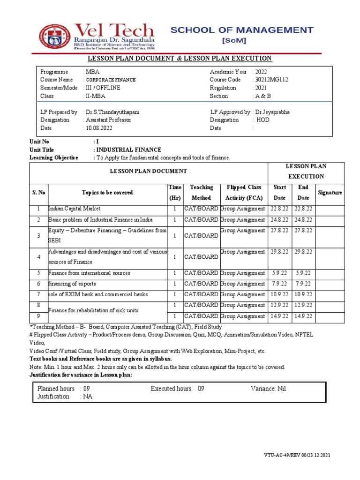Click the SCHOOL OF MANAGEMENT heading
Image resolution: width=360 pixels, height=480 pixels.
pyautogui.click(x=241, y=30)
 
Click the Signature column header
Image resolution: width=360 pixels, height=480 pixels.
pyautogui.click(x=330, y=193)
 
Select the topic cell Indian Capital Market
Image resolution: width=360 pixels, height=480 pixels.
pyautogui.click(x=75, y=209)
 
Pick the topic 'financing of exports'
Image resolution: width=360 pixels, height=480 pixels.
pyautogui.click(x=72, y=284)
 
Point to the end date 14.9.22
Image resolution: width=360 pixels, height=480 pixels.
pyautogui.click(x=303, y=316)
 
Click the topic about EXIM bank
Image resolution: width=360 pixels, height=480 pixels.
pyautogui.click(x=98, y=294)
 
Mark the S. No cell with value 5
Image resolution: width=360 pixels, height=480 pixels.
pyautogui.click(x=38, y=273)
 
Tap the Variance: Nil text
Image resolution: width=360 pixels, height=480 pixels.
pyautogui.click(x=268, y=389)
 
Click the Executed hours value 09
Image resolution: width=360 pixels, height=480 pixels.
pyautogui.click(x=201, y=389)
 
